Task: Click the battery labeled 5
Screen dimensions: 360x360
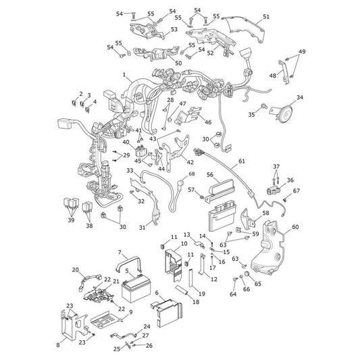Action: pos(136,288)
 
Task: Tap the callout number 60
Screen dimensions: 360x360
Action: pos(295,227)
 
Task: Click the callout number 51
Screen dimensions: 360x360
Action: pos(266,17)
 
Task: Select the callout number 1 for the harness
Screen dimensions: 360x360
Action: pos(124,74)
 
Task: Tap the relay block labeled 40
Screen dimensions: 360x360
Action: pos(140,151)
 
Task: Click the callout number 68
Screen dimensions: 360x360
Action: pos(192,174)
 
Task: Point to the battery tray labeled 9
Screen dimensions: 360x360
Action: pos(105,319)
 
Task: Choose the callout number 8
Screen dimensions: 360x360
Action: pos(58,345)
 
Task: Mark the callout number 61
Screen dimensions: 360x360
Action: pos(242,161)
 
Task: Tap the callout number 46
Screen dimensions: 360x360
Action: pos(208,122)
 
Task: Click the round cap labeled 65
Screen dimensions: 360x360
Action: pos(247,274)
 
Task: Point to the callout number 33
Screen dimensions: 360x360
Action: pos(130,171)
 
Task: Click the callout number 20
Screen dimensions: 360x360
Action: pos(75,269)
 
